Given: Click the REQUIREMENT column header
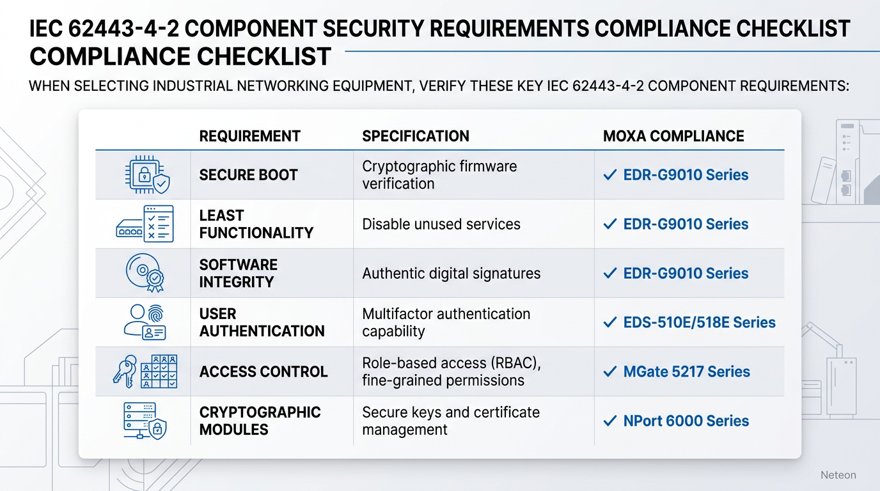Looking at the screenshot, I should point(249,136).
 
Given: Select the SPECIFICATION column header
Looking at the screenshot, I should point(415,136).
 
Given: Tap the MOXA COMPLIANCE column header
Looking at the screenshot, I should point(673,136).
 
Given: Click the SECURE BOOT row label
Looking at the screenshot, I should point(248,175).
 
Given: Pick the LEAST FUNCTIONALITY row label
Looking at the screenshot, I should point(256,224).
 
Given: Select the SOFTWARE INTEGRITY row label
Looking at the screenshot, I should point(238,274).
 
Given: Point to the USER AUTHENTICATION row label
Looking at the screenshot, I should point(262,323).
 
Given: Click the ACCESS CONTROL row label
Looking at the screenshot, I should point(263,372).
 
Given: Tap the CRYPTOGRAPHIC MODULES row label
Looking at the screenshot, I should point(260,421).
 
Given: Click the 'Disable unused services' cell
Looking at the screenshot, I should point(441,224).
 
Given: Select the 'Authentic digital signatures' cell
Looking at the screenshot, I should point(451,274).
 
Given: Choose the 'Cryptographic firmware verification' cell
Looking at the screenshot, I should point(439,175).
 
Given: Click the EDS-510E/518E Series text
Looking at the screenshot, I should point(699,323).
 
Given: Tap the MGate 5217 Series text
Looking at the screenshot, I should point(686,372).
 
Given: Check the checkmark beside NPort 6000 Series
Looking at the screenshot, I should point(609,421).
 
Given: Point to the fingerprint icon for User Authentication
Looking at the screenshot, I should point(157,313).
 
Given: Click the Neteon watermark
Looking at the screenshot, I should point(838,475).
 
